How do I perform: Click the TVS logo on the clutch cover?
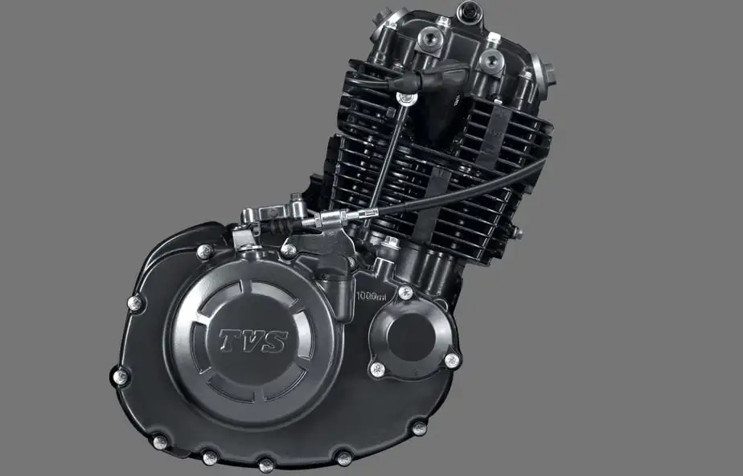(252, 341)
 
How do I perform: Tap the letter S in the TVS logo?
(274, 342)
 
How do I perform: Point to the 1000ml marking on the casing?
(371, 296)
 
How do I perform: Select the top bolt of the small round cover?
(406, 292)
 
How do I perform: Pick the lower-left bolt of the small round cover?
(376, 369)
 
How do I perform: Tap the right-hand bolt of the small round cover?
(452, 359)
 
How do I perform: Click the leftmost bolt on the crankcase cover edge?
(120, 375)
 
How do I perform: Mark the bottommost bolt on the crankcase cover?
(265, 464)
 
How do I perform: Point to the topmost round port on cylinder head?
(469, 12)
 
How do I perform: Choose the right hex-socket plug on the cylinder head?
(491, 61)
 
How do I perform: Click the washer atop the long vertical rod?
(406, 99)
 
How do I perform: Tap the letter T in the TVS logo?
(231, 340)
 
